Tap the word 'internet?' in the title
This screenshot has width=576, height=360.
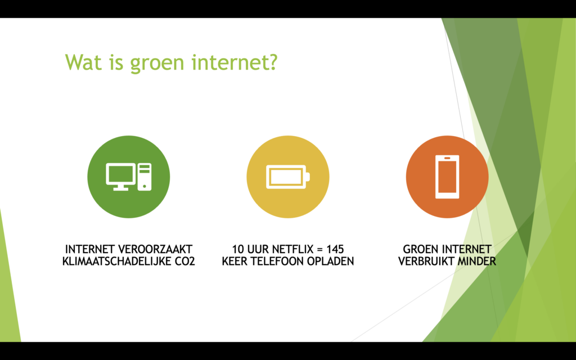(235, 62)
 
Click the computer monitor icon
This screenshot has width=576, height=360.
(120, 177)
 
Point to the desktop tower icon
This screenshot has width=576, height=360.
(145, 177)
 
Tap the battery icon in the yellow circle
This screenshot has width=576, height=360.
(288, 177)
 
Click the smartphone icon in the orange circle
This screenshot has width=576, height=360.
(447, 177)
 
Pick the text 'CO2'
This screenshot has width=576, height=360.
(186, 262)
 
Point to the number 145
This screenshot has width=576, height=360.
(335, 249)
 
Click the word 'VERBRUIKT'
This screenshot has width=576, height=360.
(426, 262)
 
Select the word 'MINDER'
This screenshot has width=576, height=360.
(476, 262)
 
